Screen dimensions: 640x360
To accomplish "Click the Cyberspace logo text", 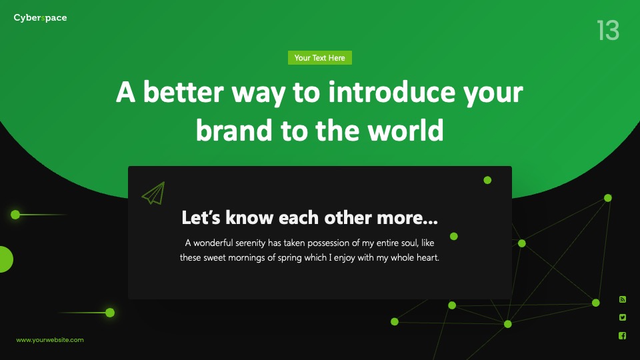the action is pyautogui.click(x=40, y=18).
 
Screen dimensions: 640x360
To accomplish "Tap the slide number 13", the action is pyautogui.click(x=608, y=30).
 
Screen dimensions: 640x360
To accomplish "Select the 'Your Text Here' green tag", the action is pyautogui.click(x=319, y=58).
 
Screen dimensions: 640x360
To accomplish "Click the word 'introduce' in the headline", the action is pyautogui.click(x=391, y=92).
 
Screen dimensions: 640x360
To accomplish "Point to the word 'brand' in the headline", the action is pyautogui.click(x=233, y=130).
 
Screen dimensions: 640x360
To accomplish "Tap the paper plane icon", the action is pyautogui.click(x=153, y=193).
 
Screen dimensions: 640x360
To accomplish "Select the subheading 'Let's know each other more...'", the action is pyautogui.click(x=310, y=217).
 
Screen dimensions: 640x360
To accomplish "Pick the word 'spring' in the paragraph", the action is pyautogui.click(x=289, y=258).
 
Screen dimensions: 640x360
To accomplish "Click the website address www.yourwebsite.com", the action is pyautogui.click(x=50, y=339).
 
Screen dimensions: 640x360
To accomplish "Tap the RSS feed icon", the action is pyautogui.click(x=623, y=299).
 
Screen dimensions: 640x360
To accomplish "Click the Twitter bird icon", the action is pyautogui.click(x=623, y=317).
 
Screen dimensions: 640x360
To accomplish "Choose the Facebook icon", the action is pyautogui.click(x=623, y=335).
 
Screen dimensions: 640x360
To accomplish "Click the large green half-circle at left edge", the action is pyautogui.click(x=6, y=259).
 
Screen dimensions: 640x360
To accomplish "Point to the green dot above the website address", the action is pyautogui.click(x=110, y=313).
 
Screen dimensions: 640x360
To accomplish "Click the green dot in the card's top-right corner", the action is pyautogui.click(x=487, y=180).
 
